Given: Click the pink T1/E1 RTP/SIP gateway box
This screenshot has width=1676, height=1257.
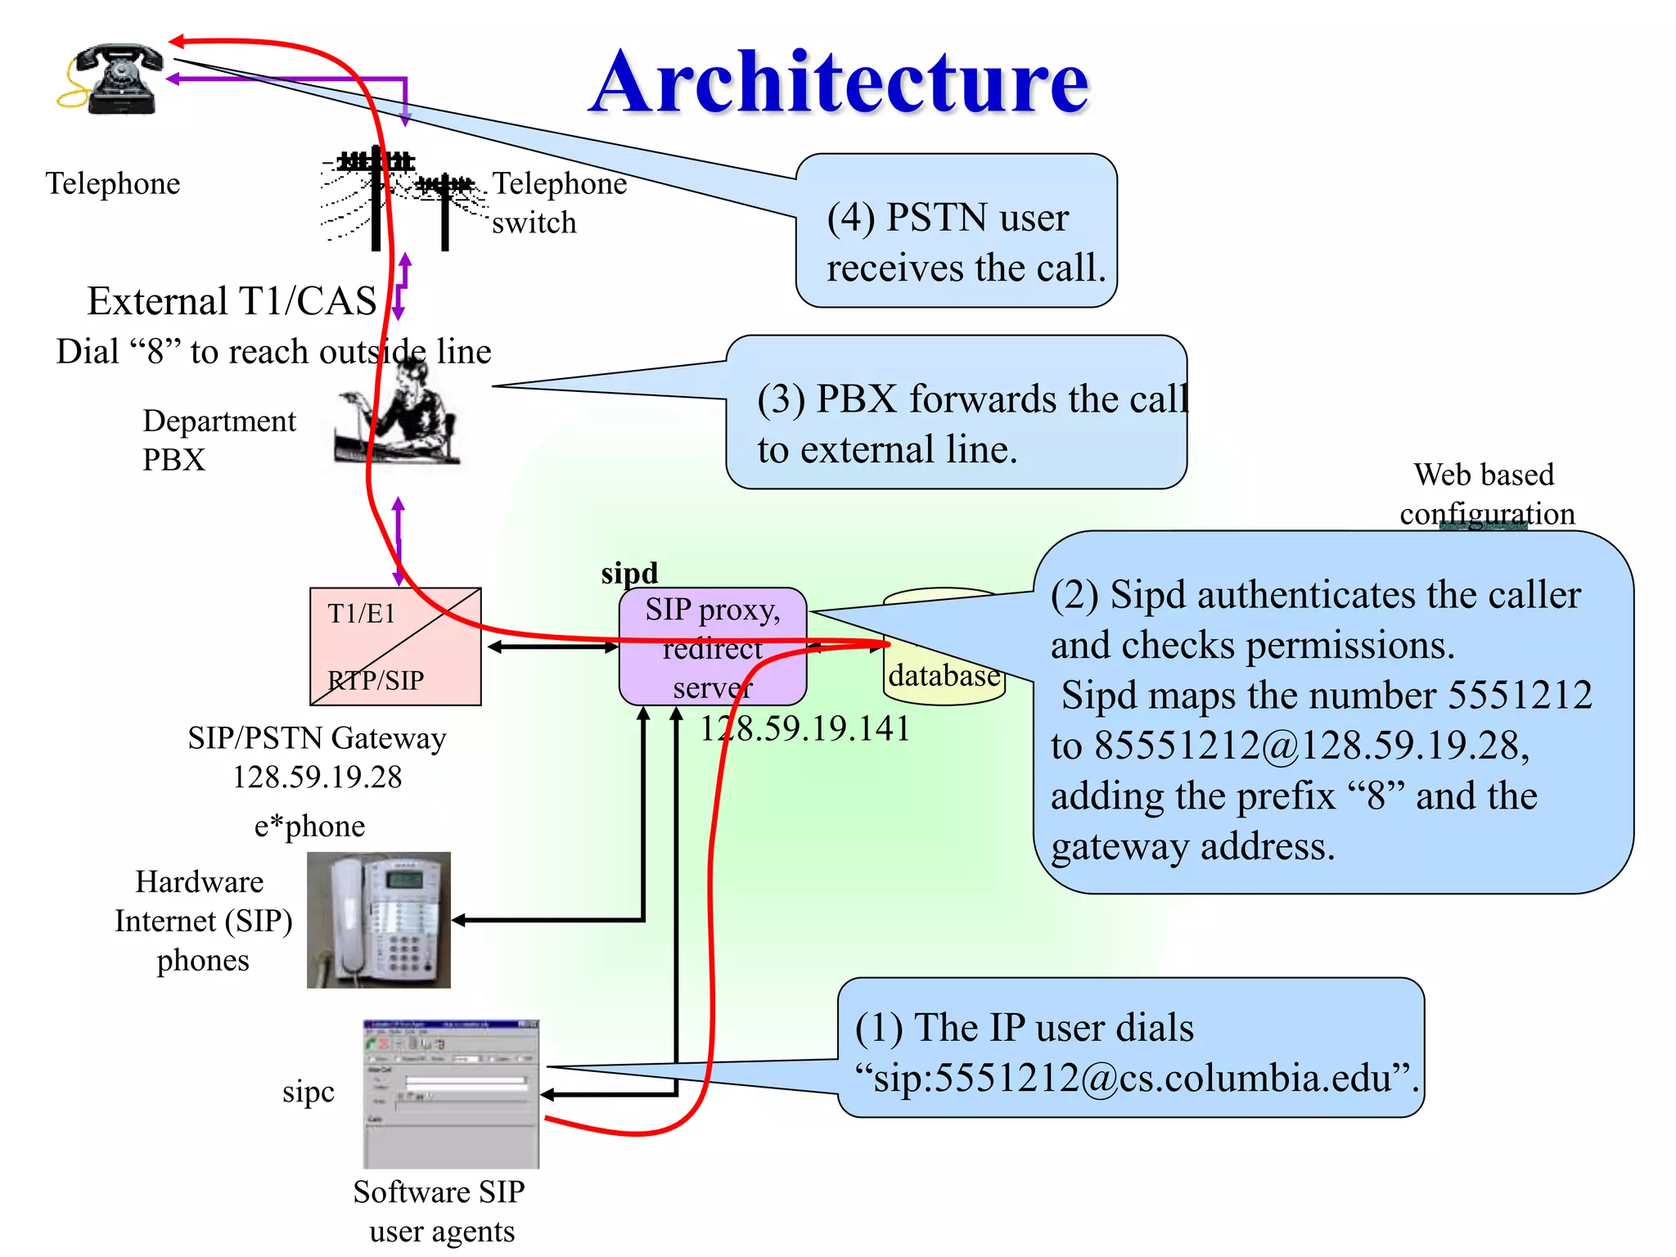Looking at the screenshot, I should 395,647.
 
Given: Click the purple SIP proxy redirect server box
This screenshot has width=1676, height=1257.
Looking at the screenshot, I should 712,647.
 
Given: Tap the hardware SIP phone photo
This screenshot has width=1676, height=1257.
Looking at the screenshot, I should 378,920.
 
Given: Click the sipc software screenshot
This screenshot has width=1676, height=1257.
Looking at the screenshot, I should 451,1094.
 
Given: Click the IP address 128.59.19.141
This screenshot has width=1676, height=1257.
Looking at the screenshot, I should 804,728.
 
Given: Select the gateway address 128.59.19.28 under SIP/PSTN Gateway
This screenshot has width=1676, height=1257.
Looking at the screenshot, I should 318,777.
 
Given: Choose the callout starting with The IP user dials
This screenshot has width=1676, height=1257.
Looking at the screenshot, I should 1129,1052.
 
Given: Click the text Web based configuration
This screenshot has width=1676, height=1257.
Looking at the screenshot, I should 1485,493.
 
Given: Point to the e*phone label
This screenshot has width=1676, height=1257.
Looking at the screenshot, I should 309,826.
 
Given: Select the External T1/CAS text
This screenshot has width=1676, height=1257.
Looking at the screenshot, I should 232,301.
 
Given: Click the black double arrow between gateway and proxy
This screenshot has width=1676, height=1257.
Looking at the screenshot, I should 552,647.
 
